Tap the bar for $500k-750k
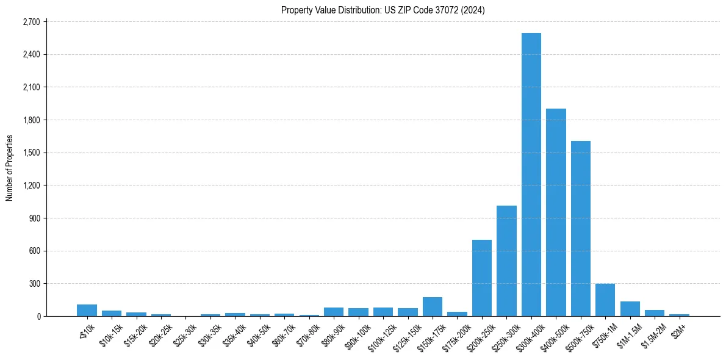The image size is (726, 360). pos(580,229)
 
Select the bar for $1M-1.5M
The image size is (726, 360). pos(630,309)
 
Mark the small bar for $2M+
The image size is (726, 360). pos(679,315)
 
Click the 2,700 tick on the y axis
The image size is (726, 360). pos(31,22)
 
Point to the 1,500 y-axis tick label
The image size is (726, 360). pos(31,153)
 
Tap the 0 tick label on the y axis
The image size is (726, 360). pos(38,316)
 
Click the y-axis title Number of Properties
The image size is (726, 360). pos(10,168)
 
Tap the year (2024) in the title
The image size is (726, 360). pos(473,10)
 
